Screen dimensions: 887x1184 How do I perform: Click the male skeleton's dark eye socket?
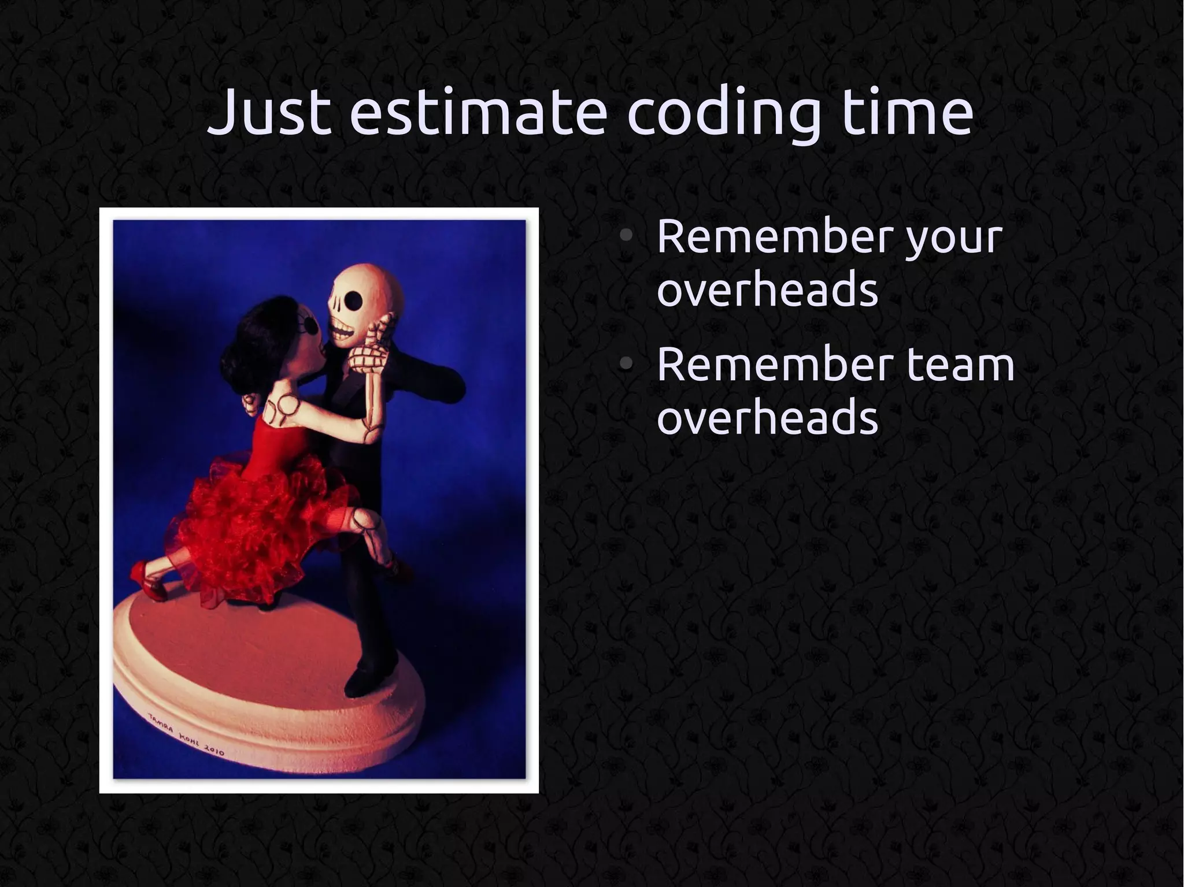(354, 300)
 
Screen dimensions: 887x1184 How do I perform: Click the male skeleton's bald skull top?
(370, 277)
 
